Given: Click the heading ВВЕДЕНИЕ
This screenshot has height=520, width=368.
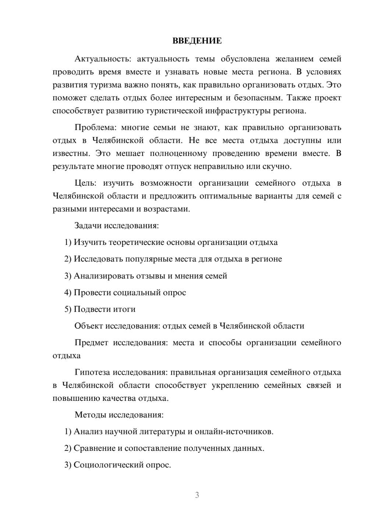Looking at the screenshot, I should click(x=197, y=41).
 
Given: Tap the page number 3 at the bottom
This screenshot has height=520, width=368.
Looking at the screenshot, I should click(x=197, y=495).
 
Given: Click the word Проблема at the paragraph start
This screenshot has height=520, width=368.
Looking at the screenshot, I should click(x=95, y=128).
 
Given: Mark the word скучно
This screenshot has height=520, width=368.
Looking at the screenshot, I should click(x=276, y=166).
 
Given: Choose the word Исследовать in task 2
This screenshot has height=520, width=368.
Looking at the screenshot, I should click(x=98, y=259).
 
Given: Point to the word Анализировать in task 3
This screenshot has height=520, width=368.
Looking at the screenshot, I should click(x=102, y=276).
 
